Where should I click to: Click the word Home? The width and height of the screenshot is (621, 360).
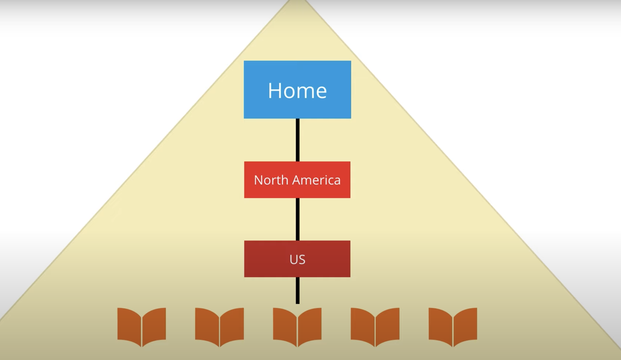pos(297,91)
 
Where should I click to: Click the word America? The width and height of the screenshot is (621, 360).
pos(316,180)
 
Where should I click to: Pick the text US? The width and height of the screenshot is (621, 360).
pos(297,259)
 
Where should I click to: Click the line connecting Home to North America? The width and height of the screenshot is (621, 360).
pos(297,140)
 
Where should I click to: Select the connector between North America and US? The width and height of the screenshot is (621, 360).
pos(297,219)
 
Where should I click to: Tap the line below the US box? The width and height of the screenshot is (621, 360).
pos(297,291)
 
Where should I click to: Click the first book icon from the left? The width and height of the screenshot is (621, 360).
pos(142,327)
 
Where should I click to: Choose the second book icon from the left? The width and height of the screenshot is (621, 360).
pos(219,327)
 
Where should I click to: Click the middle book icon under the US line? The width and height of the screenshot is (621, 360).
pos(297,327)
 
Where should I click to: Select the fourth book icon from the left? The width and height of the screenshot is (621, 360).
pos(375,327)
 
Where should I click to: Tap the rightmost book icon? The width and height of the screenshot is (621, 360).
pos(453,327)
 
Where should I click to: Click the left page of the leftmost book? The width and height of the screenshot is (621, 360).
pos(129,325)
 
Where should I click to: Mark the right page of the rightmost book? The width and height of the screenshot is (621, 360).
pos(465,325)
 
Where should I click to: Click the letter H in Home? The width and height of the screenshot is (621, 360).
pos(275,91)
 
